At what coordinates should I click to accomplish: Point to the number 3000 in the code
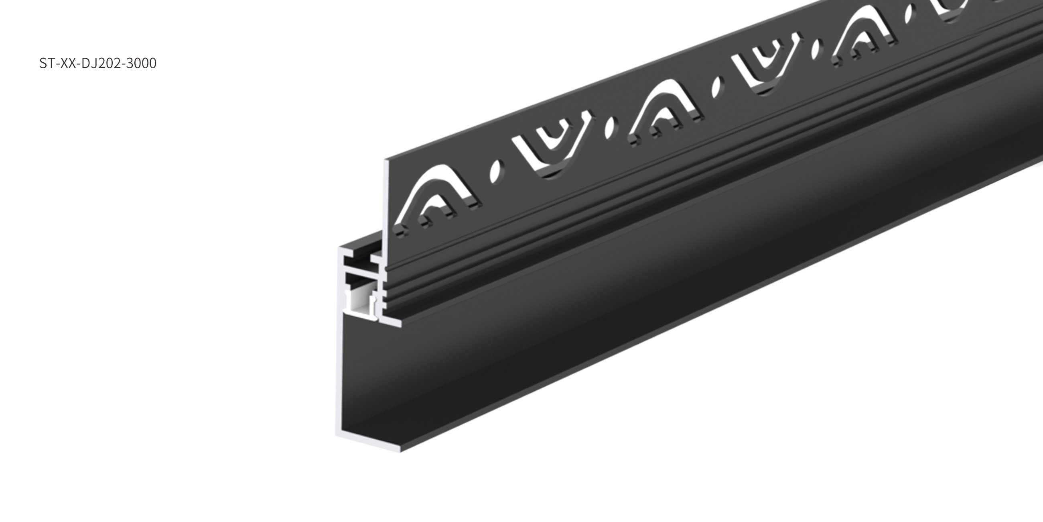point(141,63)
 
